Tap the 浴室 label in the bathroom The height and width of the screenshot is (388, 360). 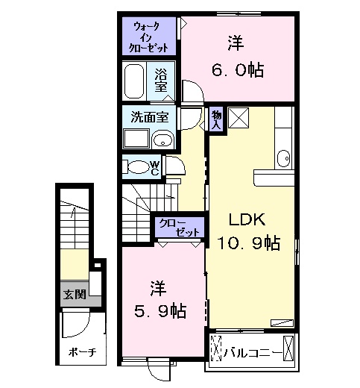point(160,80)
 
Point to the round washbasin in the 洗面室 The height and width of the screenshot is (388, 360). point(162,139)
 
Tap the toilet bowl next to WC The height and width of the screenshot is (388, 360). point(136,166)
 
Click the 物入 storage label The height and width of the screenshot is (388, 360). point(216,119)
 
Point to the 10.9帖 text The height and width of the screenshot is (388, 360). point(247,242)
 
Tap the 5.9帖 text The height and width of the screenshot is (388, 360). point(160,309)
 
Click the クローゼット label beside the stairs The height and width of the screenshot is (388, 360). point(177,227)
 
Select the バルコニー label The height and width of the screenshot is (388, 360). point(253,350)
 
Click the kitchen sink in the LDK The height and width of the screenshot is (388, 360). point(282,158)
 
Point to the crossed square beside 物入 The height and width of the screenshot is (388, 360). point(239,118)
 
